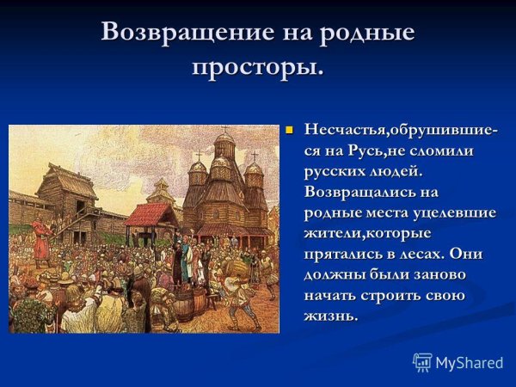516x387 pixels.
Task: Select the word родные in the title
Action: pyautogui.click(x=368, y=32)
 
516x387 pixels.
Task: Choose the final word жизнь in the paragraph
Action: pyautogui.click(x=329, y=316)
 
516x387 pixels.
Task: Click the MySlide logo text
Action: pyautogui.click(x=469, y=362)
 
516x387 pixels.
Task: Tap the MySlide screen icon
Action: pyautogui.click(x=422, y=362)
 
